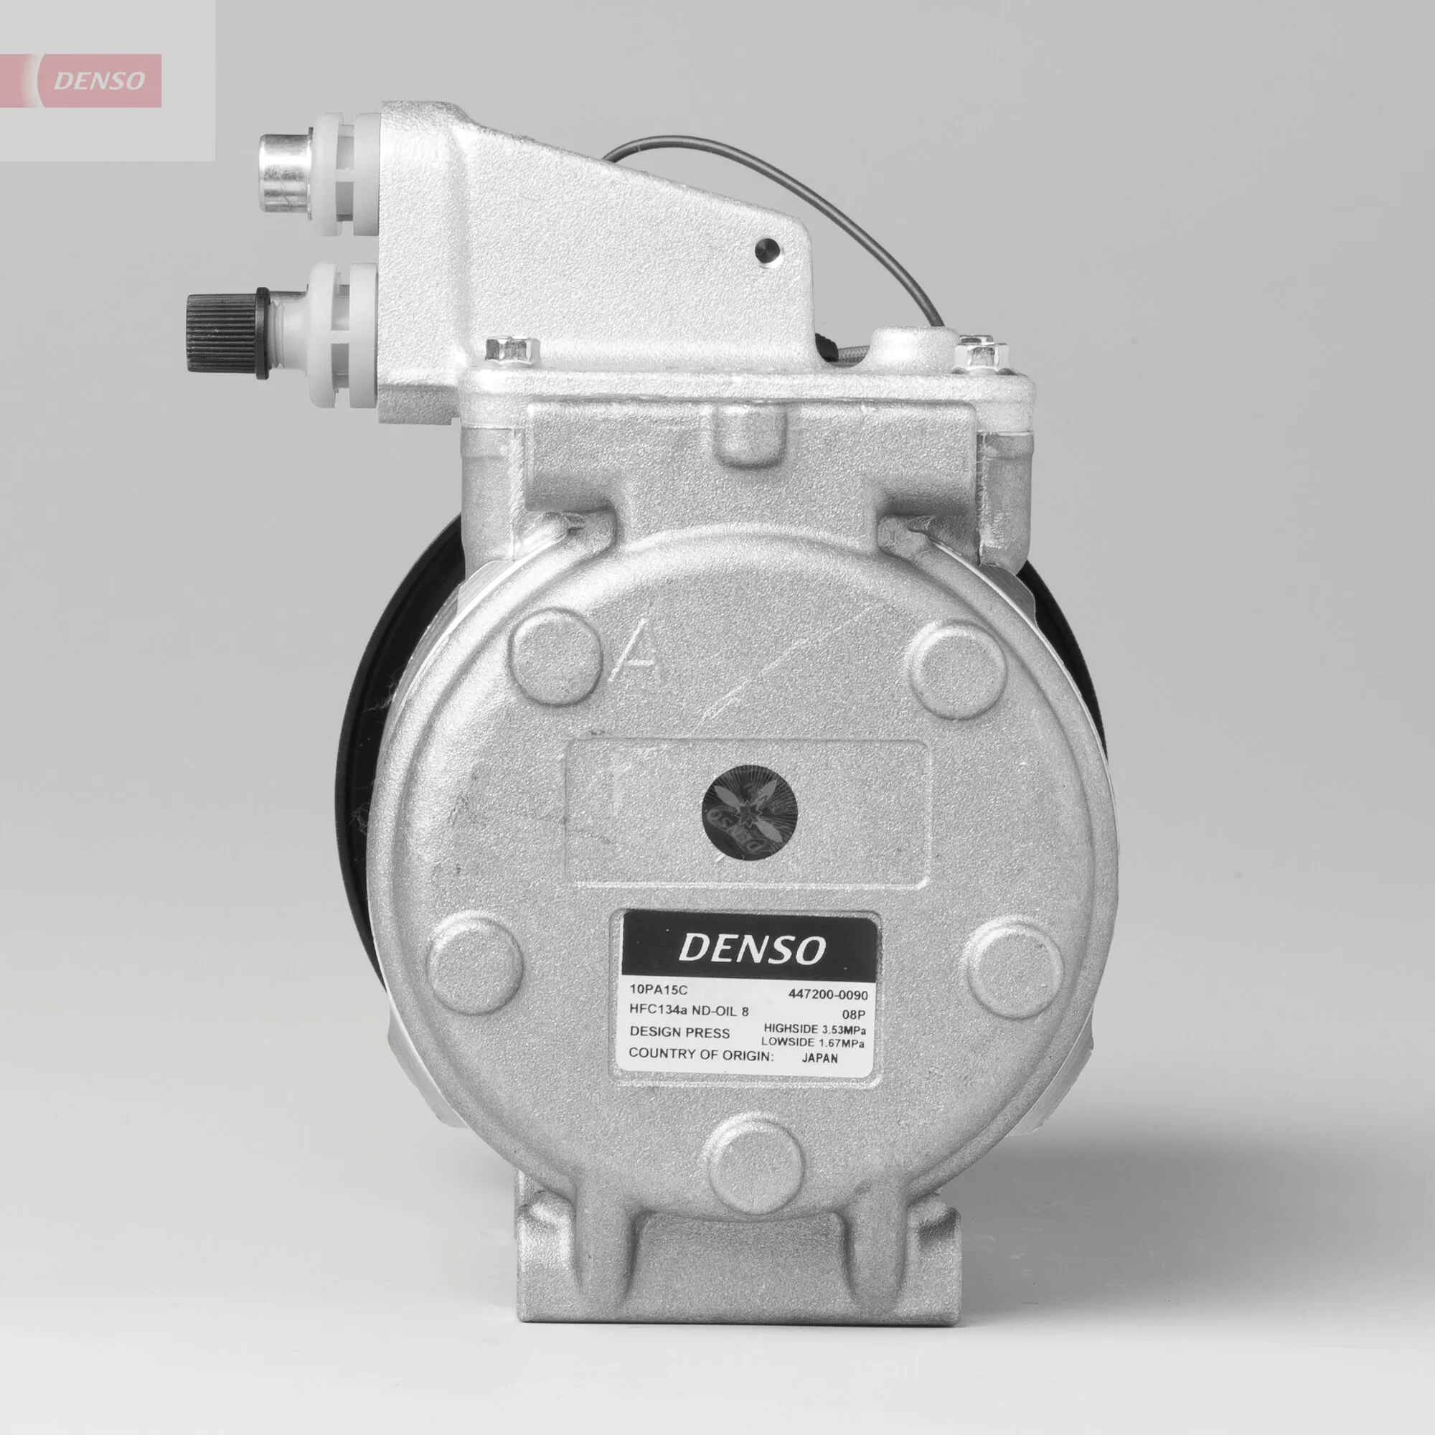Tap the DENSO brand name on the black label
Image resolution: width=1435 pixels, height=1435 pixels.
click(x=751, y=949)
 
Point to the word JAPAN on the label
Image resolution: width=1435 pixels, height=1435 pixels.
click(x=821, y=1058)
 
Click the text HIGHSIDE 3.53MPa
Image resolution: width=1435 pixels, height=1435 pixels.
click(x=815, y=1029)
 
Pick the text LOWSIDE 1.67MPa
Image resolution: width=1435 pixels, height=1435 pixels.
click(x=814, y=1043)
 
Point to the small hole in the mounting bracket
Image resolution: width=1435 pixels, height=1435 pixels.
click(x=767, y=250)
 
